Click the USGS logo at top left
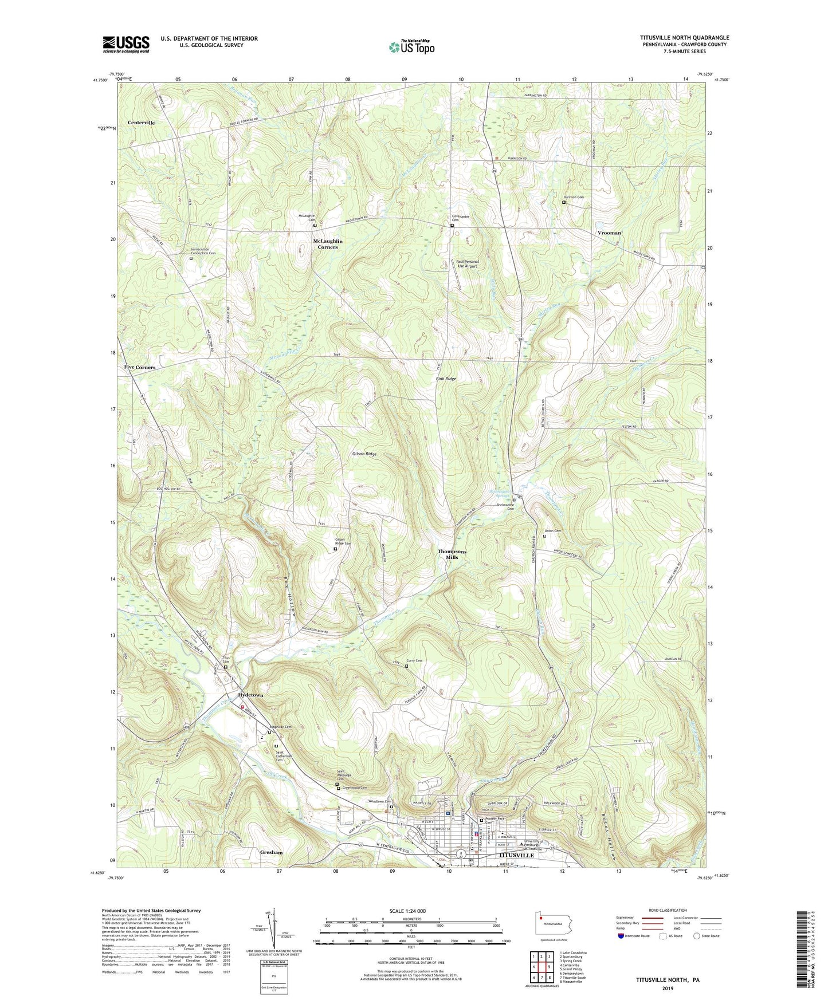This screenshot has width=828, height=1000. coord(126,44)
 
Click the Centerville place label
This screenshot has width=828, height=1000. coord(141,123)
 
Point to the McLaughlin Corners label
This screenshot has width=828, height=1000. coord(328,244)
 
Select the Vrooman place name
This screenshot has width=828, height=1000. coord(609,233)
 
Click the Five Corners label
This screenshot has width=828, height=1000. coord(140,367)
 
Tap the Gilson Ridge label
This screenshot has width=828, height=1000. coord(364,454)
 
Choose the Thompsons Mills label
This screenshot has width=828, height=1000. coord(452,554)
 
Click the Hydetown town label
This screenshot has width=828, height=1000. coord(247,695)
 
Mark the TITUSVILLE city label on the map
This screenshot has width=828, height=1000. coord(514,855)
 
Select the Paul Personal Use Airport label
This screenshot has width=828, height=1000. coord(468,264)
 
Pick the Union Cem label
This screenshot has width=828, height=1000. coord(553,531)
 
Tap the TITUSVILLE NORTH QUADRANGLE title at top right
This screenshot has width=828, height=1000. coord(685,38)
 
